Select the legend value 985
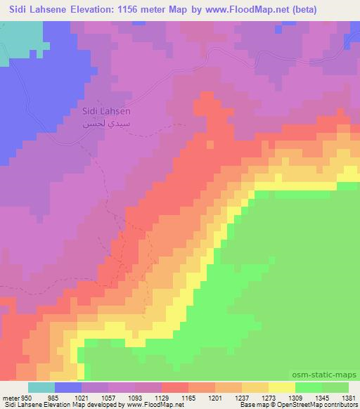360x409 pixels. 54,398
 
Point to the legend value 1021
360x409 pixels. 81,398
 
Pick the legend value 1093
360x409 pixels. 134,398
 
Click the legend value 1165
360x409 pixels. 188,398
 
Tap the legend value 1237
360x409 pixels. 241,398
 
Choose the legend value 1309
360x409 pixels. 295,398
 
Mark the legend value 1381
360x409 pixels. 347,398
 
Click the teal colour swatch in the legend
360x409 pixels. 41,387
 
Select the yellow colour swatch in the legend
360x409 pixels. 281,387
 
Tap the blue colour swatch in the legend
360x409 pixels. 67,387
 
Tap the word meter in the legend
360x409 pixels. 10,398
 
